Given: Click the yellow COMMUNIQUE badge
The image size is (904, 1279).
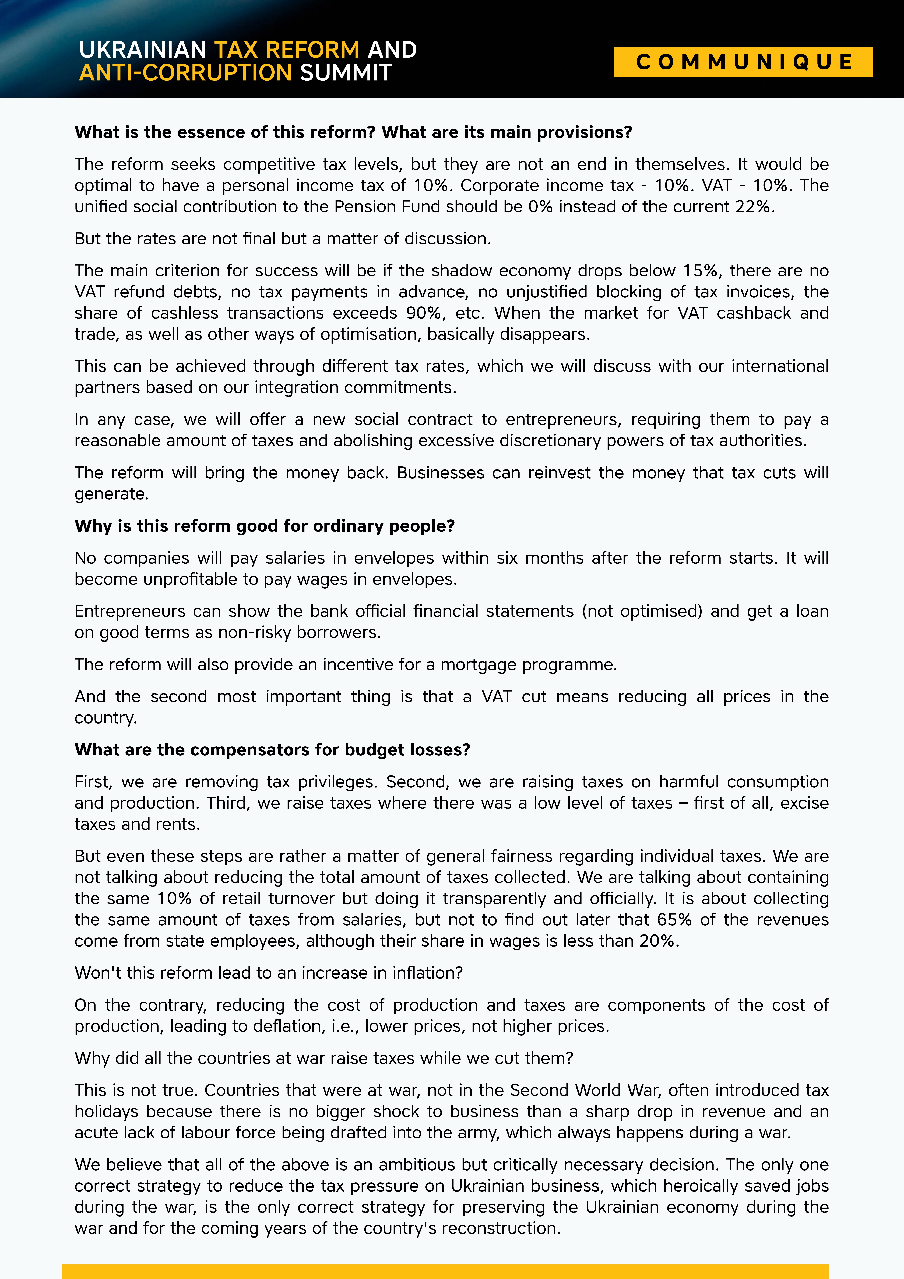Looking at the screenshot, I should [x=743, y=62].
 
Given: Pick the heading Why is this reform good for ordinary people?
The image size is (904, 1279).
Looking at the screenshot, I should [x=265, y=526].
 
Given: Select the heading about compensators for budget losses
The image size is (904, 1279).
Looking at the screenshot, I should [x=272, y=750].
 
